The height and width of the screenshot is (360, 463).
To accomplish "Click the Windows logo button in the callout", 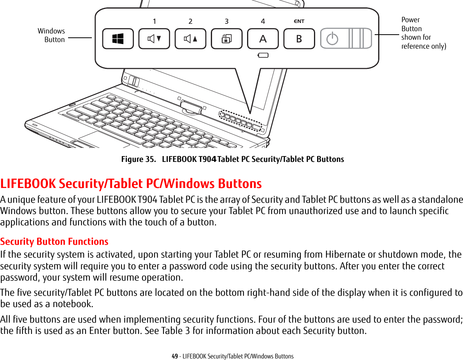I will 118,39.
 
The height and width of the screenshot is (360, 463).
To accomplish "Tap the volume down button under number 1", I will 154,39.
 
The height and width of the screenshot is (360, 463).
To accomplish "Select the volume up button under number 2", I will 190,39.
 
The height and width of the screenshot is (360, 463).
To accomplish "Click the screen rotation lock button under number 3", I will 226,39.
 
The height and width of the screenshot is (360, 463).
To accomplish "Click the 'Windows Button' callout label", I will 51,35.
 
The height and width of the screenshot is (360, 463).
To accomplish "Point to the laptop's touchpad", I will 103,139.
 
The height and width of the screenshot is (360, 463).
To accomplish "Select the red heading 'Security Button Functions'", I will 54,241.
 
